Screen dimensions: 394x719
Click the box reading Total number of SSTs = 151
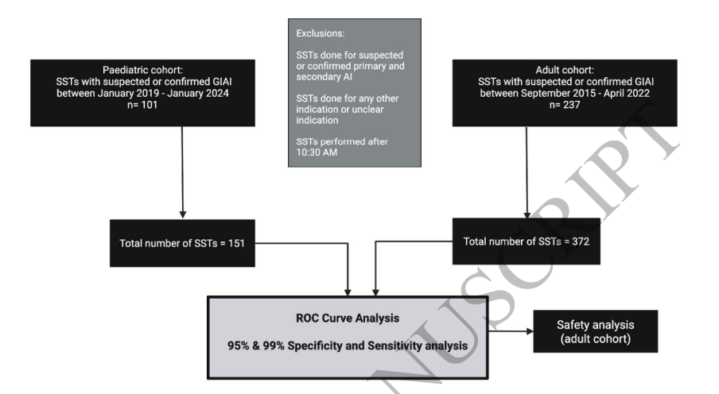[184, 242]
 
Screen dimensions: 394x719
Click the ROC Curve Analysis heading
[349, 318]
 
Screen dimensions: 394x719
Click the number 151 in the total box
[241, 242]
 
